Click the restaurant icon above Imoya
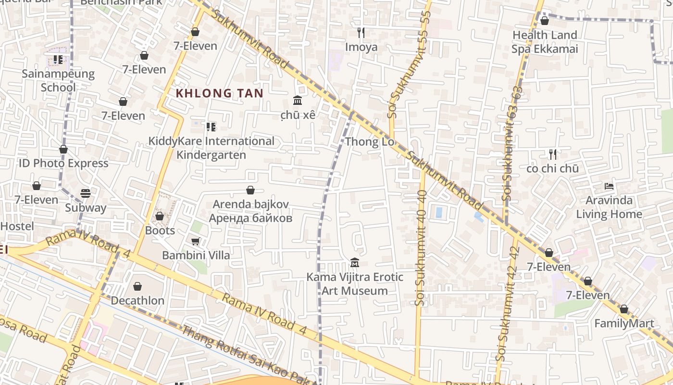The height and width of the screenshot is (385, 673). pos(361,33)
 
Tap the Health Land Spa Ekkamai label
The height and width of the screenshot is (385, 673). pos(545,42)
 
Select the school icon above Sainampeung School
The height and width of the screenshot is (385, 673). pos(58,60)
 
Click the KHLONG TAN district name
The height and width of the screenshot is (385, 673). pos(219,93)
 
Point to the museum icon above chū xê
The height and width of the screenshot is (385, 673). pos(298,101)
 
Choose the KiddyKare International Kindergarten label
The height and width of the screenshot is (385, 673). pos(211,148)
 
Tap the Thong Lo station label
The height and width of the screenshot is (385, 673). pos(369,141)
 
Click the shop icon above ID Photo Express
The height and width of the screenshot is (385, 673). pos(63,150)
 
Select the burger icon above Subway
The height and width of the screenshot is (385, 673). pos(86,193)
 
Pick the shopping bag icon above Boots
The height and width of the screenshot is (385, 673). pos(160,217)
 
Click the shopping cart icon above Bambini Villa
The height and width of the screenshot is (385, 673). pos(196,241)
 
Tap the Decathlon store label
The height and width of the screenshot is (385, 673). pos(137,300)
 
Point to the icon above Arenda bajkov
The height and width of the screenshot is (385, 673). pos(250,190)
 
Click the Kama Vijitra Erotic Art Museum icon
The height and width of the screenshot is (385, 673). pos(355,263)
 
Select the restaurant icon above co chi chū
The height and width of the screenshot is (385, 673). pos(553,154)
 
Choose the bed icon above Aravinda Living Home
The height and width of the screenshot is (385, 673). pos(609,186)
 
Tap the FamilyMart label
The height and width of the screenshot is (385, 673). pos(624,323)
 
